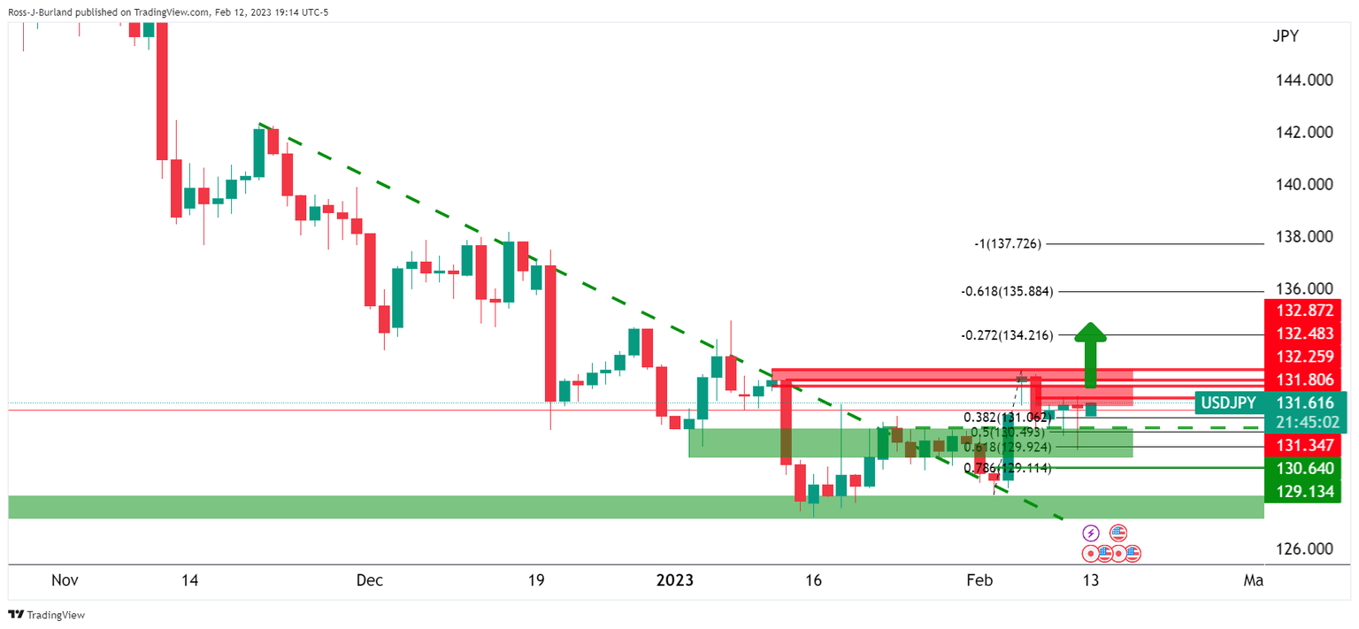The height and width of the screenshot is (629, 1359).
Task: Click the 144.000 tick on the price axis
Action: click(1305, 80)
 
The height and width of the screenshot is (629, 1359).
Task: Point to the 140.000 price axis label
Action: click(1305, 185)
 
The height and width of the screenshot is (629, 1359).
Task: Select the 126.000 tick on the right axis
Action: click(1305, 548)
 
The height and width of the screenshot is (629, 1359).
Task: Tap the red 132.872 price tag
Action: click(1304, 311)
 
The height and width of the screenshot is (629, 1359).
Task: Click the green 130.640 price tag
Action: click(1304, 468)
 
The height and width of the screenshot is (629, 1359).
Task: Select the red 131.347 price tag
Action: click(1304, 446)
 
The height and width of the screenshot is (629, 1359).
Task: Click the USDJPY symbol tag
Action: click(1226, 403)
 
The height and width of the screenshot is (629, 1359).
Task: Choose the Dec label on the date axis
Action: click(369, 580)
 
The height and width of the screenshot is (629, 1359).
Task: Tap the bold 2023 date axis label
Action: click(674, 580)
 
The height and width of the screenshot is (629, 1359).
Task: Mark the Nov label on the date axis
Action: click(65, 580)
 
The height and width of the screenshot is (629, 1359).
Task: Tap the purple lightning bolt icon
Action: click(1091, 533)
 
